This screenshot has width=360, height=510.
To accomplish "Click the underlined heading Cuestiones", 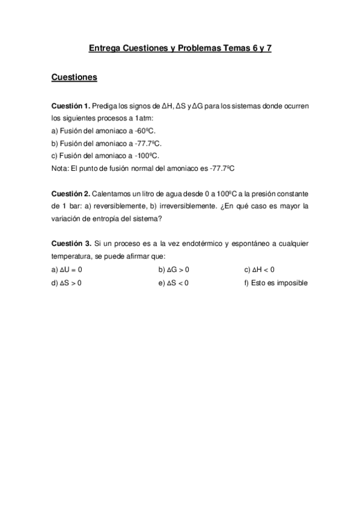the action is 75,78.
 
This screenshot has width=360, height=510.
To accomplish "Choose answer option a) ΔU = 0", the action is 67,269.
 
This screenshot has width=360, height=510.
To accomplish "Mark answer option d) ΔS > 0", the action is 67,283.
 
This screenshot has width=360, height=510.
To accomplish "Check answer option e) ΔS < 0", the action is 174,283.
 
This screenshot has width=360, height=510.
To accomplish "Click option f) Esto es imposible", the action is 276,283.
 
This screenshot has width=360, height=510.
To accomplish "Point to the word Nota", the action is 59,169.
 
